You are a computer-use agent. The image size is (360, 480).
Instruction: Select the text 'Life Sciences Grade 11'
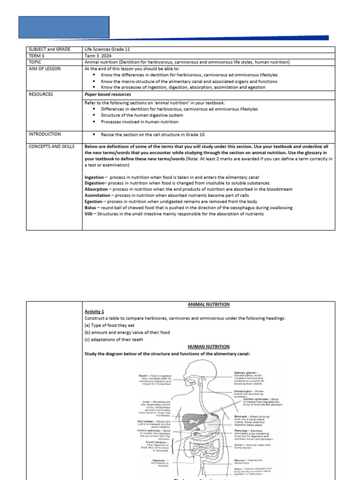(107, 49)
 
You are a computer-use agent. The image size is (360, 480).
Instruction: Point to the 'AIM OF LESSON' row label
(45, 68)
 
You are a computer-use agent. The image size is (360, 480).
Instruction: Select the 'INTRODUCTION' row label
(45, 134)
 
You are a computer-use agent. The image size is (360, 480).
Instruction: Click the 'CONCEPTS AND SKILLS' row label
(51, 147)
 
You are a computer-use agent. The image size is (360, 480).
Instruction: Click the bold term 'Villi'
(89, 214)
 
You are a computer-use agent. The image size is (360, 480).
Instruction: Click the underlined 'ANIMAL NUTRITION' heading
(209, 305)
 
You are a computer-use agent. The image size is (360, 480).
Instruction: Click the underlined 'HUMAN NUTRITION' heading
(209, 346)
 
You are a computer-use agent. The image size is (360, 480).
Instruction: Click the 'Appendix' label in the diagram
(156, 460)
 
